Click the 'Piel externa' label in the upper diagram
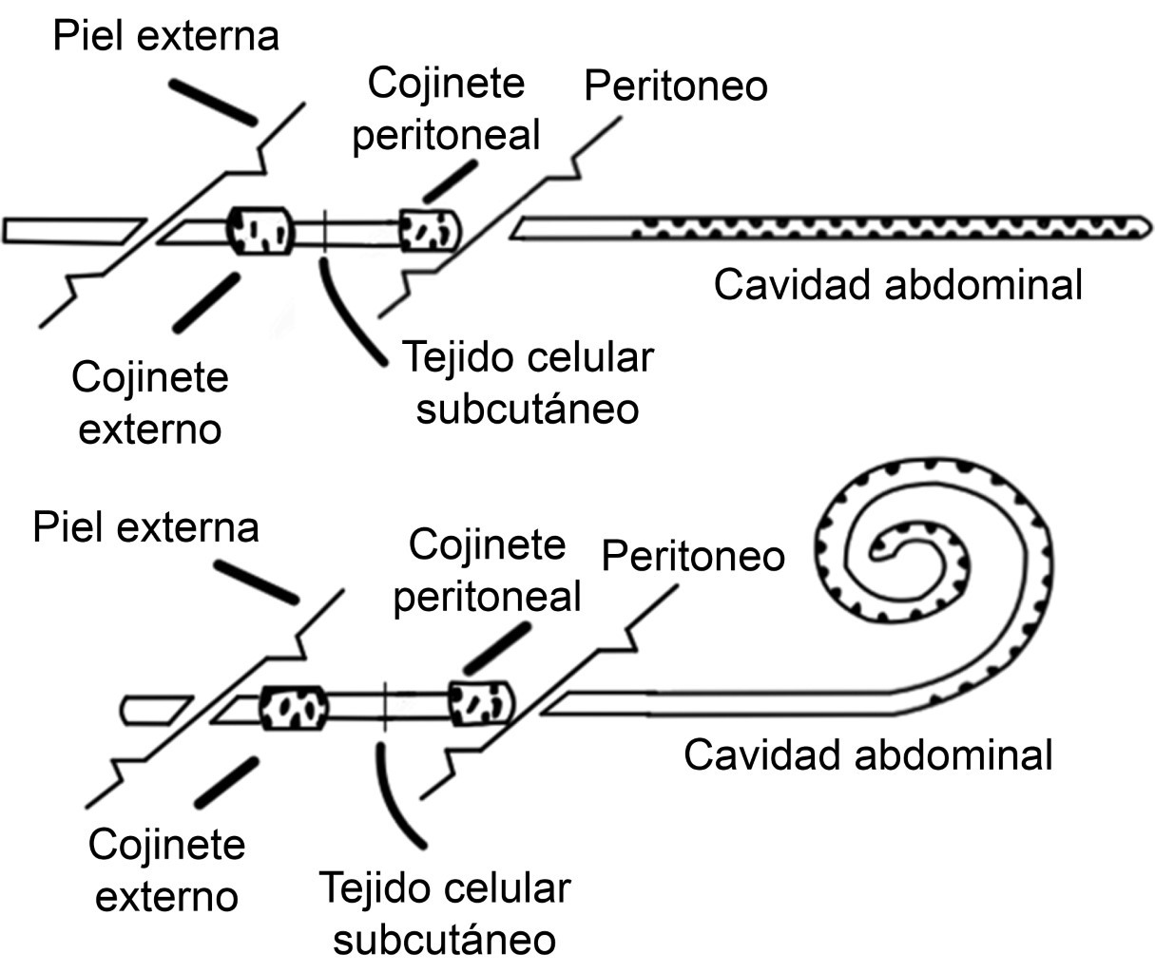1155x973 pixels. [166, 37]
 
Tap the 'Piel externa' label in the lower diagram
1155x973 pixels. [145, 527]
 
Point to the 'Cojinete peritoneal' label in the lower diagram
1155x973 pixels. [487, 571]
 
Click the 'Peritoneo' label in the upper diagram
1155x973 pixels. [676, 86]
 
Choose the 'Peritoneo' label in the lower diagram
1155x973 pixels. [694, 556]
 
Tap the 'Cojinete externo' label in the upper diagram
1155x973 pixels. [150, 403]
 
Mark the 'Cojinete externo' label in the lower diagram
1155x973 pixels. [166, 869]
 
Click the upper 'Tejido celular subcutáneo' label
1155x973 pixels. [528, 383]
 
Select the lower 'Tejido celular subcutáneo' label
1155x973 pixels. [445, 913]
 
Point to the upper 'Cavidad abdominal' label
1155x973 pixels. [897, 285]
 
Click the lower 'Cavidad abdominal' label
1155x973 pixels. [868, 755]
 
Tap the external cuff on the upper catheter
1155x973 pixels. [260, 230]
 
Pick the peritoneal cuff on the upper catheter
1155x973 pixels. [431, 229]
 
